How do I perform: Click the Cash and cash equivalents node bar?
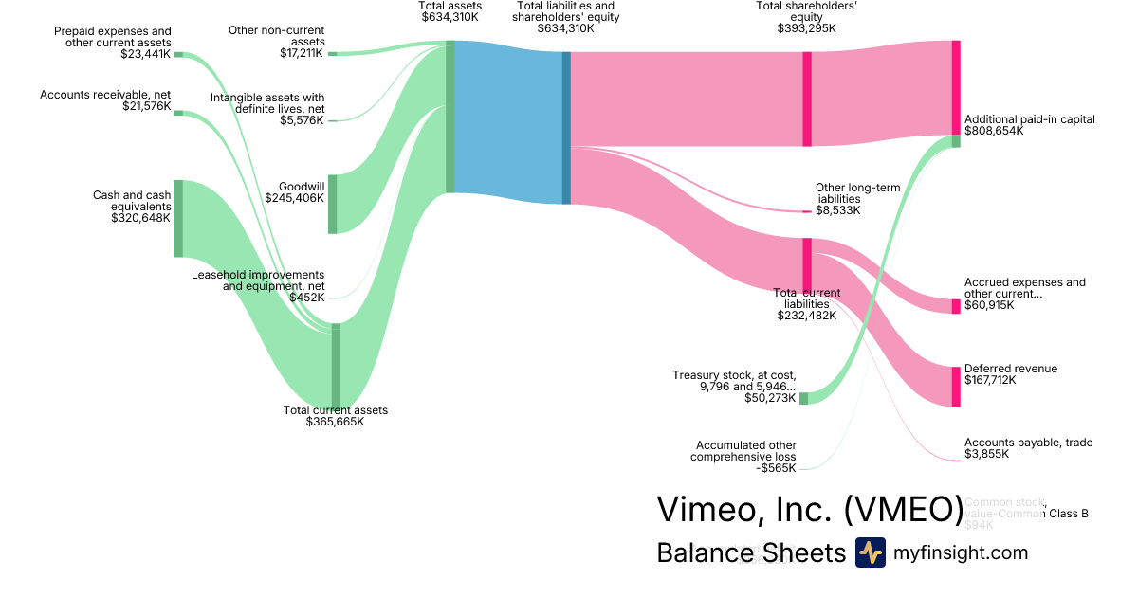tap(178, 218)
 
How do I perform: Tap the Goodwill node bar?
tap(332, 204)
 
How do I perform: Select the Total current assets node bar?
tap(336, 365)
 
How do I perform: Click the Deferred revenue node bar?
tap(956, 387)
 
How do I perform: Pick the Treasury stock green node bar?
tap(803, 398)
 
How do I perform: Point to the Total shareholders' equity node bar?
tap(807, 99)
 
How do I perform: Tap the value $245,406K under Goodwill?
tap(295, 199)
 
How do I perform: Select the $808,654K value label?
tap(994, 131)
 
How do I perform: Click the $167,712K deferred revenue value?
tap(990, 380)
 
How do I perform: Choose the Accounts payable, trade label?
tap(1027, 443)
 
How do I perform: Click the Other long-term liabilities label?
tap(857, 193)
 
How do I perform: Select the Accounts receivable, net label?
tap(105, 95)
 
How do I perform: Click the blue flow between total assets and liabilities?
tap(508, 123)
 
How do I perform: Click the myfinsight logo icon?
tap(870, 552)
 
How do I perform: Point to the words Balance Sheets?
tap(750, 552)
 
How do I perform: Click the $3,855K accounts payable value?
tap(986, 454)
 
